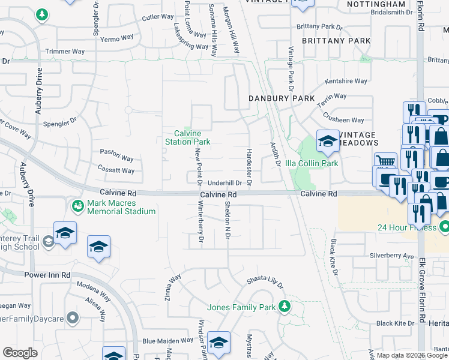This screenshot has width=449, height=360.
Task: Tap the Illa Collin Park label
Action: click(312, 163)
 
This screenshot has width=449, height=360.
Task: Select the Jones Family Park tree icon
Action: click(285, 307)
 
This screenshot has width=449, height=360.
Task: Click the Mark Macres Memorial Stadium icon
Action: click(77, 206)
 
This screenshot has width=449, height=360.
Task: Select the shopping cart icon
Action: click(385, 161)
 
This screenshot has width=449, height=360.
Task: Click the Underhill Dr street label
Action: click(224, 183)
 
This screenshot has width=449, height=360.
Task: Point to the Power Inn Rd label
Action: click(47, 275)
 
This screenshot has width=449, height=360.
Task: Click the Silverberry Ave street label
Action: click(392, 256)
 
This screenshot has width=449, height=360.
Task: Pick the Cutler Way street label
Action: click(158, 17)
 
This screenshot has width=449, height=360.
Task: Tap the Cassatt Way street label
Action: click(116, 170)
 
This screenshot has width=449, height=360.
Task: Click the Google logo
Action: click(20, 353)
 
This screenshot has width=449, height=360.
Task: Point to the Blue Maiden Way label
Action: click(166, 341)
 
